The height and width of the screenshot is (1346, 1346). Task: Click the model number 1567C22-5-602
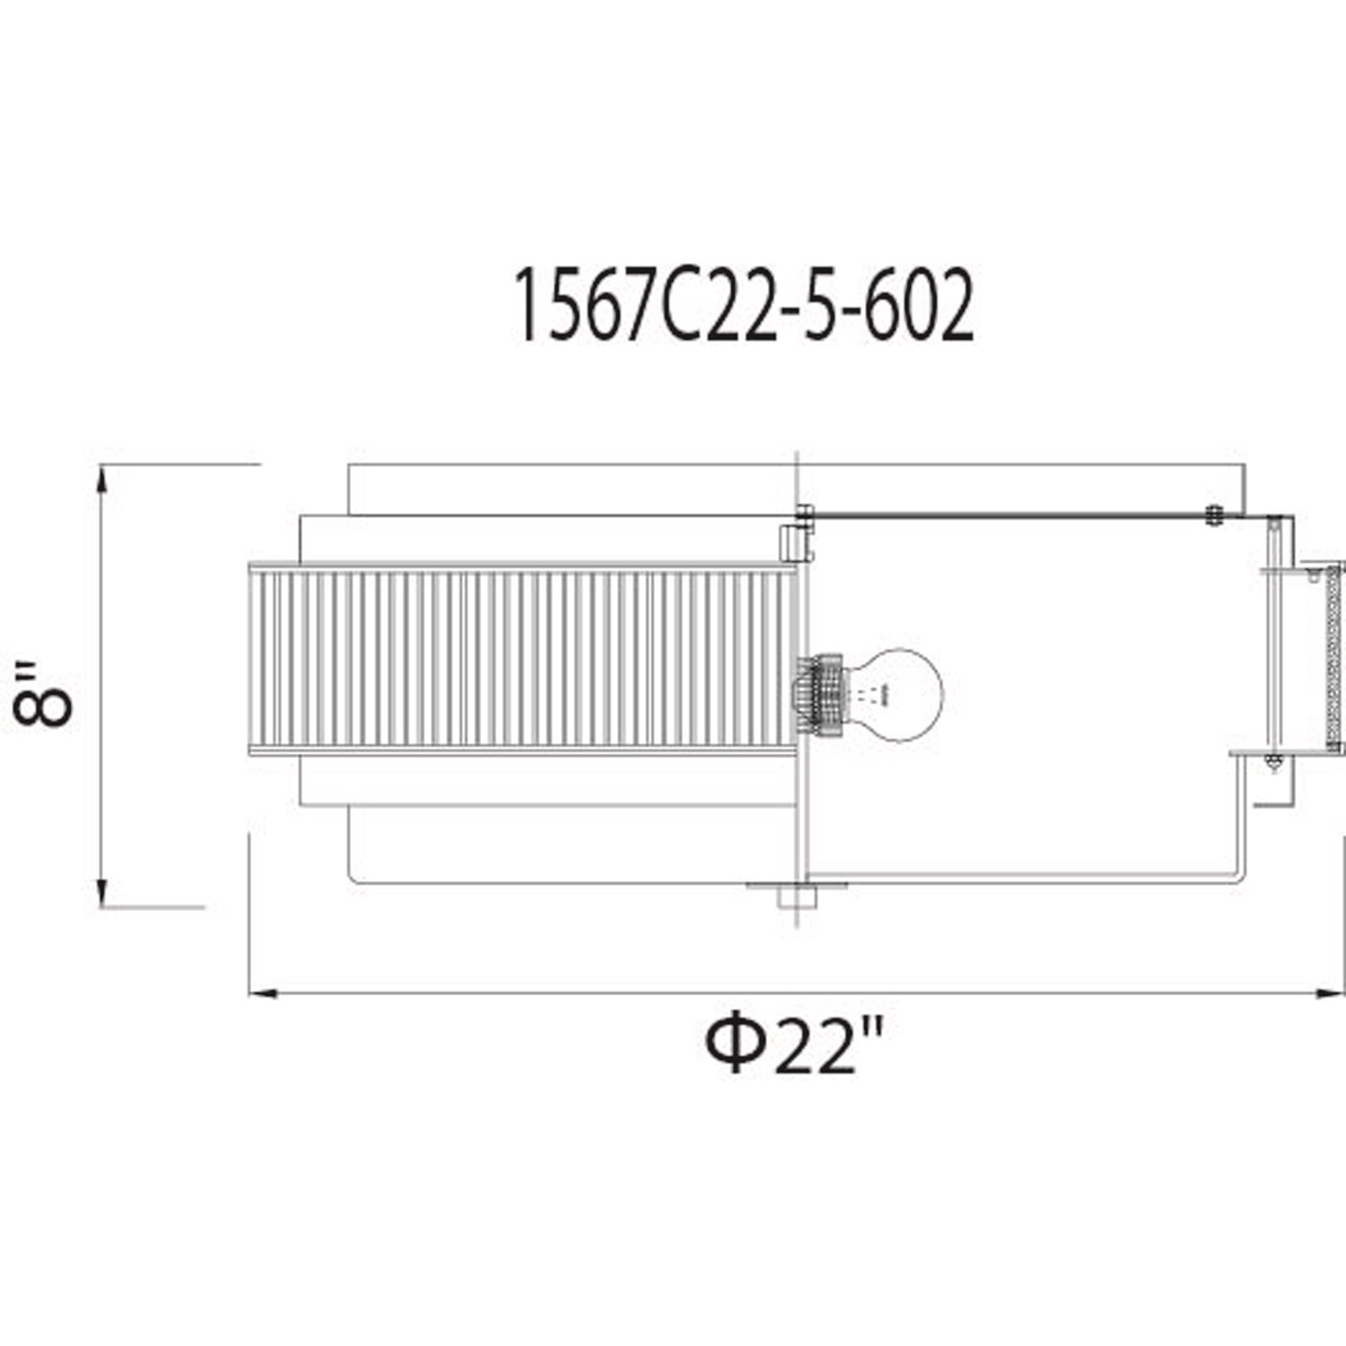pyautogui.click(x=743, y=308)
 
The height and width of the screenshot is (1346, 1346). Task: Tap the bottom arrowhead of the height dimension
pyautogui.click(x=101, y=892)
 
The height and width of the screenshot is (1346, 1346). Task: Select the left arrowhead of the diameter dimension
pyautogui.click(x=263, y=993)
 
